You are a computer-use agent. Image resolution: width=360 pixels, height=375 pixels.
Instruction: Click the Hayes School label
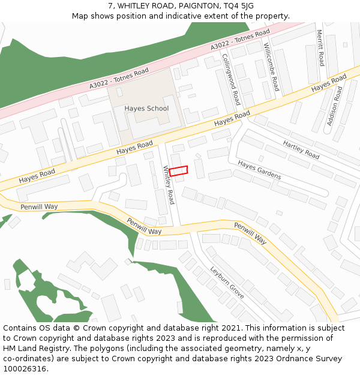[x=146, y=109]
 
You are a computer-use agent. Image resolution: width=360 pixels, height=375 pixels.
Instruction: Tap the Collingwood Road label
[x=232, y=79]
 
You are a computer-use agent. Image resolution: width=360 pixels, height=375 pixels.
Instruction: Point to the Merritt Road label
[x=320, y=48]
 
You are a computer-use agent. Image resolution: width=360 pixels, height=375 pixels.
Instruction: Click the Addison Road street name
[x=335, y=107]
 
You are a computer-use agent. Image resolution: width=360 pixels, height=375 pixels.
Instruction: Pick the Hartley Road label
[x=301, y=150]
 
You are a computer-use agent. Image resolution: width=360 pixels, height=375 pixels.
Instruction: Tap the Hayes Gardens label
[x=259, y=170]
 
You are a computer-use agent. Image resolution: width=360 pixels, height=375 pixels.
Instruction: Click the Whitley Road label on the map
[x=169, y=185]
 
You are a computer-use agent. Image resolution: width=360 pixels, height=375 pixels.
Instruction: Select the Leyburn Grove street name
[x=227, y=283]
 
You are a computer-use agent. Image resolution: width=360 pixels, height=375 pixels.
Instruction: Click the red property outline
[x=178, y=171]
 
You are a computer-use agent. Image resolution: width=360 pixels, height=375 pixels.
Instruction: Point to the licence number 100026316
[x=25, y=369]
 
